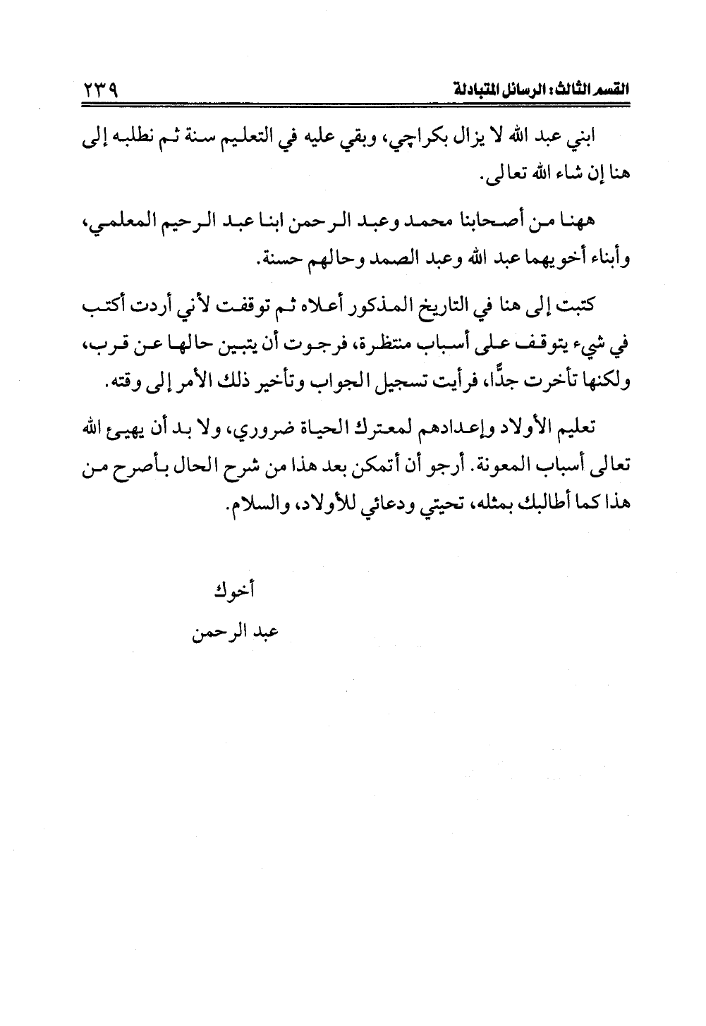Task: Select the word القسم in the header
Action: tap(611, 92)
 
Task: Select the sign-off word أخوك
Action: tap(233, 590)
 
